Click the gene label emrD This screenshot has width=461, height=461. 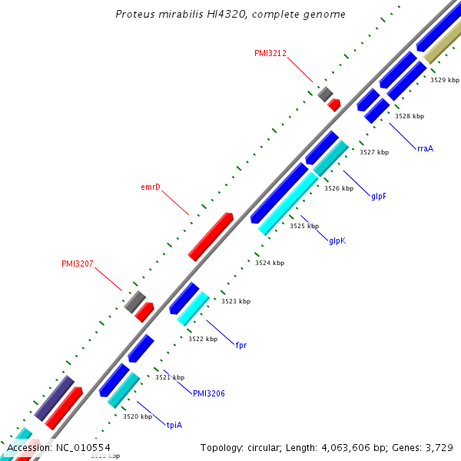[150, 187]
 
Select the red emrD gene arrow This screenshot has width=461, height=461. [211, 237]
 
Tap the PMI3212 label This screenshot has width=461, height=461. [270, 53]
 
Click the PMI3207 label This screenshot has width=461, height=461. [78, 264]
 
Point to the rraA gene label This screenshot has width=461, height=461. [425, 148]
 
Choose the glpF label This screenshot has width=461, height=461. [379, 196]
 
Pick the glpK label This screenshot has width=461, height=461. [337, 240]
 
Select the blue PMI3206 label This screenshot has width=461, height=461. [209, 393]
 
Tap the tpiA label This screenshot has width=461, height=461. [174, 424]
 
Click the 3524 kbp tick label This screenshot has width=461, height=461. [269, 263]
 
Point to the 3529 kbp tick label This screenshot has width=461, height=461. [444, 80]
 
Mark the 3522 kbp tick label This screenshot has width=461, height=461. [203, 339]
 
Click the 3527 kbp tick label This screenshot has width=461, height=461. [374, 152]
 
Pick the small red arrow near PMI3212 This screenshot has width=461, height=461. [334, 105]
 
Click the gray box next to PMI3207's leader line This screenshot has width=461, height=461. [134, 301]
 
